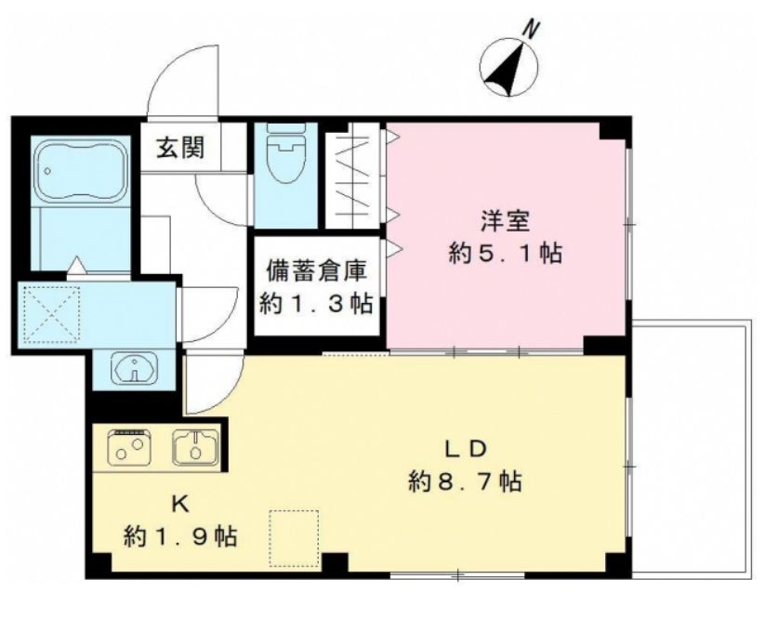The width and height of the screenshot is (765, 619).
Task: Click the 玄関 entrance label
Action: click(180, 148)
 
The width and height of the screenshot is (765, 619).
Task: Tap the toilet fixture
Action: click(286, 152)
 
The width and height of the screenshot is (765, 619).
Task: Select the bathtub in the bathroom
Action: click(80, 171)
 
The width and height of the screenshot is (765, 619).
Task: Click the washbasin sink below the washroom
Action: click(134, 368)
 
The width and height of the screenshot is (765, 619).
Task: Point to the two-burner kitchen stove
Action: click(129, 447)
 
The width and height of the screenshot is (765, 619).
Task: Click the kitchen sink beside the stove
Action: click(195, 447)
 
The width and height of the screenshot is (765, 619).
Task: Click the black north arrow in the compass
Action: click(508, 72)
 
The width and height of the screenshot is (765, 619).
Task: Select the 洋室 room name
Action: click(505, 221)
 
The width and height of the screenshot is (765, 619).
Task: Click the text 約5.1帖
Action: click(505, 253)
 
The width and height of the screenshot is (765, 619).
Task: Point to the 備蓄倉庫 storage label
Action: click(317, 271)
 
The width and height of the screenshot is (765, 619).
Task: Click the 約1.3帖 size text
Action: click(317, 304)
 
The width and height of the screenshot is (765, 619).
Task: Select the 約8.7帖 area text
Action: click(465, 481)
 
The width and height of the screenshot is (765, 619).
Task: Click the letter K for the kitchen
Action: click(180, 505)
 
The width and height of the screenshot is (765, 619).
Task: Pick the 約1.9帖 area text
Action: click(180, 536)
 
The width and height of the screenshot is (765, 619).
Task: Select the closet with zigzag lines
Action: click(353, 176)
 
